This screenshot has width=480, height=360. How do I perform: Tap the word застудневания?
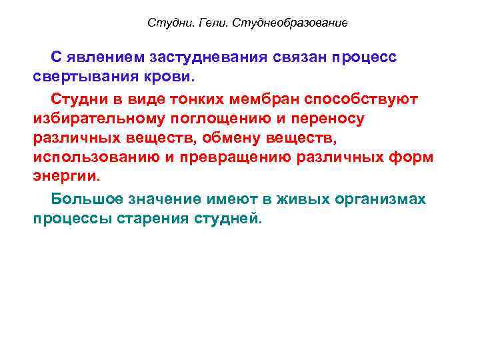tap(211, 57)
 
